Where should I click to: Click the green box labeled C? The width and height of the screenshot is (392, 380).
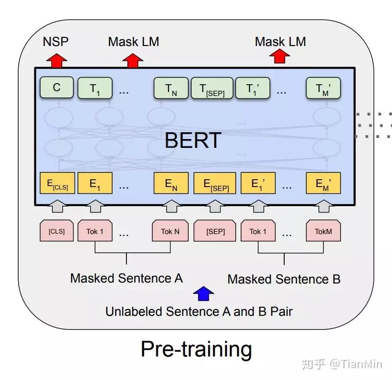pyautogui.click(x=57, y=88)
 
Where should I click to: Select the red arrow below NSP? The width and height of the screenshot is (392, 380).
pyautogui.click(x=56, y=60)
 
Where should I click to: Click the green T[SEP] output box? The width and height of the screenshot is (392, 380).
pyautogui.click(x=212, y=89)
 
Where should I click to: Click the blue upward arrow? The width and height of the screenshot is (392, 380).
pyautogui.click(x=203, y=293)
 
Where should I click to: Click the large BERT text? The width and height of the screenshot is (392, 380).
pyautogui.click(x=193, y=140)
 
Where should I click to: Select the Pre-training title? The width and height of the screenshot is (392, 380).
pyautogui.click(x=196, y=349)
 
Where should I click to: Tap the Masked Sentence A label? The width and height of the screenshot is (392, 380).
pyautogui.click(x=126, y=278)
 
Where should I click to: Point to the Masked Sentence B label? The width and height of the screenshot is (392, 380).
pyautogui.click(x=284, y=279)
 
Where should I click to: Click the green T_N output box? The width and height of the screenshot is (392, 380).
pyautogui.click(x=171, y=89)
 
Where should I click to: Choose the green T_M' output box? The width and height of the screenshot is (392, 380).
pyautogui.click(x=323, y=89)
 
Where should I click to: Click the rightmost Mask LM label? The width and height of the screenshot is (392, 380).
pyautogui.click(x=280, y=42)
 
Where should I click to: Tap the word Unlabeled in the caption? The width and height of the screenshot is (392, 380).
pyautogui.click(x=134, y=311)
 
